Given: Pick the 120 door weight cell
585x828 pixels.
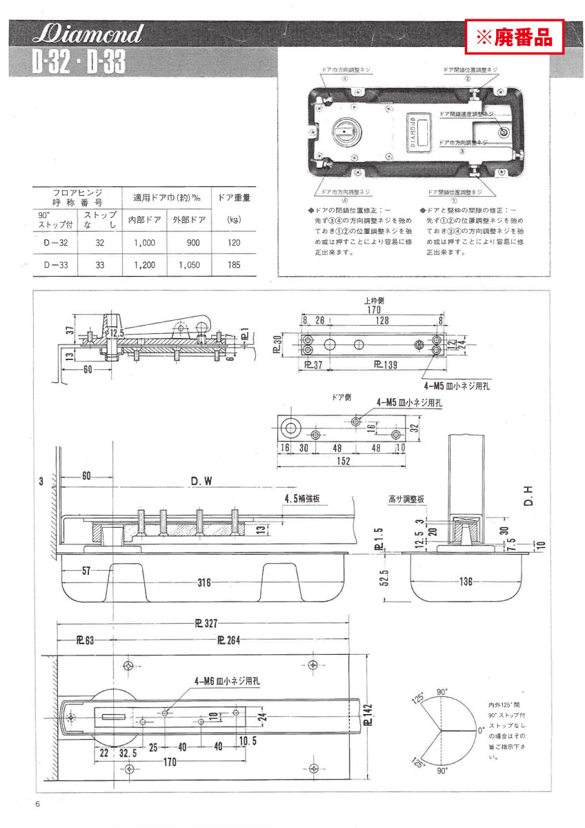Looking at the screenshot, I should point(234,243).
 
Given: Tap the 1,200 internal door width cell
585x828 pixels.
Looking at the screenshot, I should point(146,265).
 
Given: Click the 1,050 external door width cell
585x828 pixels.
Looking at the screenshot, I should point(190,265).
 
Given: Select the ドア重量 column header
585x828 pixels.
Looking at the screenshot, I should point(234,197).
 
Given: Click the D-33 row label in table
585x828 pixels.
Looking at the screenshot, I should point(54,265).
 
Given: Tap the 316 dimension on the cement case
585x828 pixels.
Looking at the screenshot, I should point(204,583).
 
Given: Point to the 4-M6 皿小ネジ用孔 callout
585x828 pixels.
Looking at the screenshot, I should point(227,680).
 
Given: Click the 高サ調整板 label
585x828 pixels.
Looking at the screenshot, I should point(406,499).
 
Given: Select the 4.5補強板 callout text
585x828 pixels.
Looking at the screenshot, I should point(305,497).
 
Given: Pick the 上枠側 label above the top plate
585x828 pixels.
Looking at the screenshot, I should point(373,301).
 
